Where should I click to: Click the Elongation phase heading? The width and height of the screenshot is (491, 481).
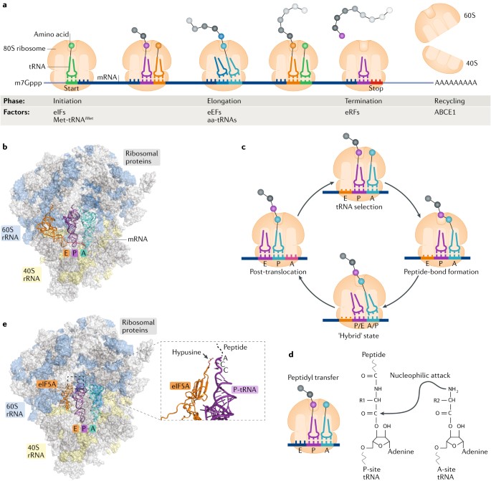coord(218,102)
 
